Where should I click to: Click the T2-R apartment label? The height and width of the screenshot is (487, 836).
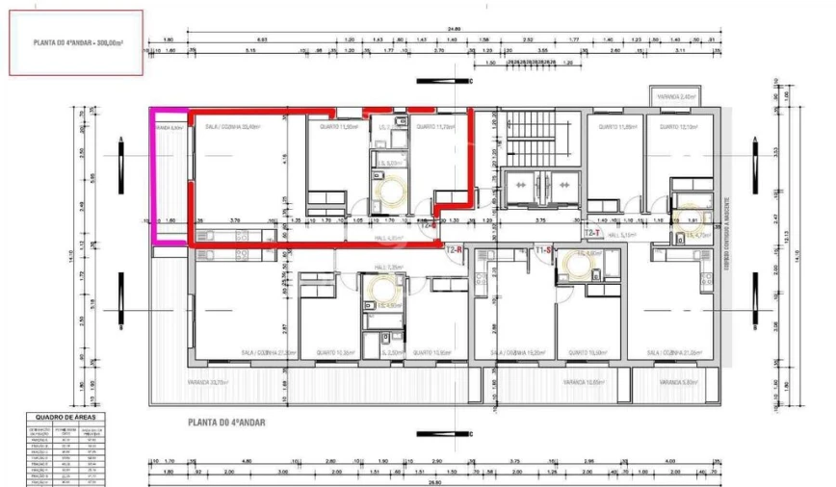tap(456, 249)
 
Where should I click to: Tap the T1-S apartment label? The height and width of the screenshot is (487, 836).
tap(542, 249)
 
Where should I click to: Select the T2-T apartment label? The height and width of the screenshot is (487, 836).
tap(591, 233)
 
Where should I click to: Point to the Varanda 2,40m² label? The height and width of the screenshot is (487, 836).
tap(676, 97)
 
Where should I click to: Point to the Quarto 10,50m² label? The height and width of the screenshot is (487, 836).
tap(427, 353)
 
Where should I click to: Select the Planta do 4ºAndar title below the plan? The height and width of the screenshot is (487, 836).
tap(227, 422)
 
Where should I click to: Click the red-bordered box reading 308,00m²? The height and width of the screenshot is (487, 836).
tap(76, 43)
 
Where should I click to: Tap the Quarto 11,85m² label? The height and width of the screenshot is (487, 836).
tap(617, 126)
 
